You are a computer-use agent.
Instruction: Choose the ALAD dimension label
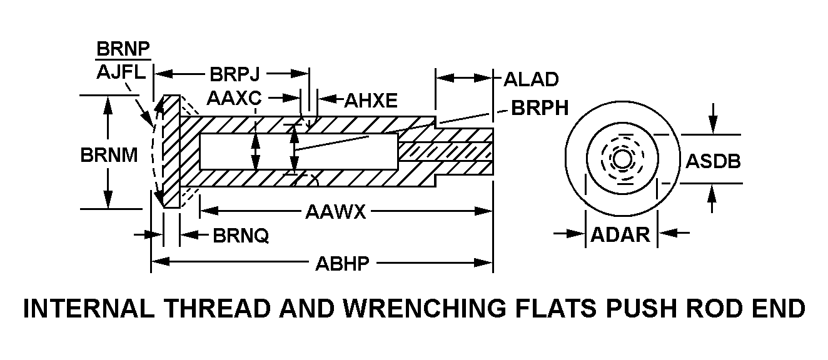point(531,79)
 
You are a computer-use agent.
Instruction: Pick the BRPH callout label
point(540,108)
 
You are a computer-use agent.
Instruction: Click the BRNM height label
point(109,154)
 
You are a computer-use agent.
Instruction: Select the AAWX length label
point(335,211)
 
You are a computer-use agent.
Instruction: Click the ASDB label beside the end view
point(714,161)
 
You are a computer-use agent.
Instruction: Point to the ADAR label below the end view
point(620,234)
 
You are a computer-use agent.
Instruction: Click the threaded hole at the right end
point(445,151)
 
